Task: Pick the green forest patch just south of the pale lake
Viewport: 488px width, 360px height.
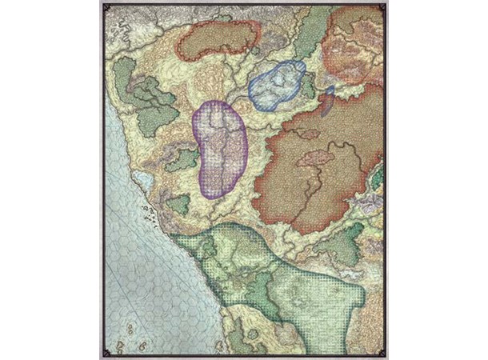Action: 178,203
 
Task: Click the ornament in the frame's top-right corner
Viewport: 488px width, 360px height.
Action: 383,7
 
